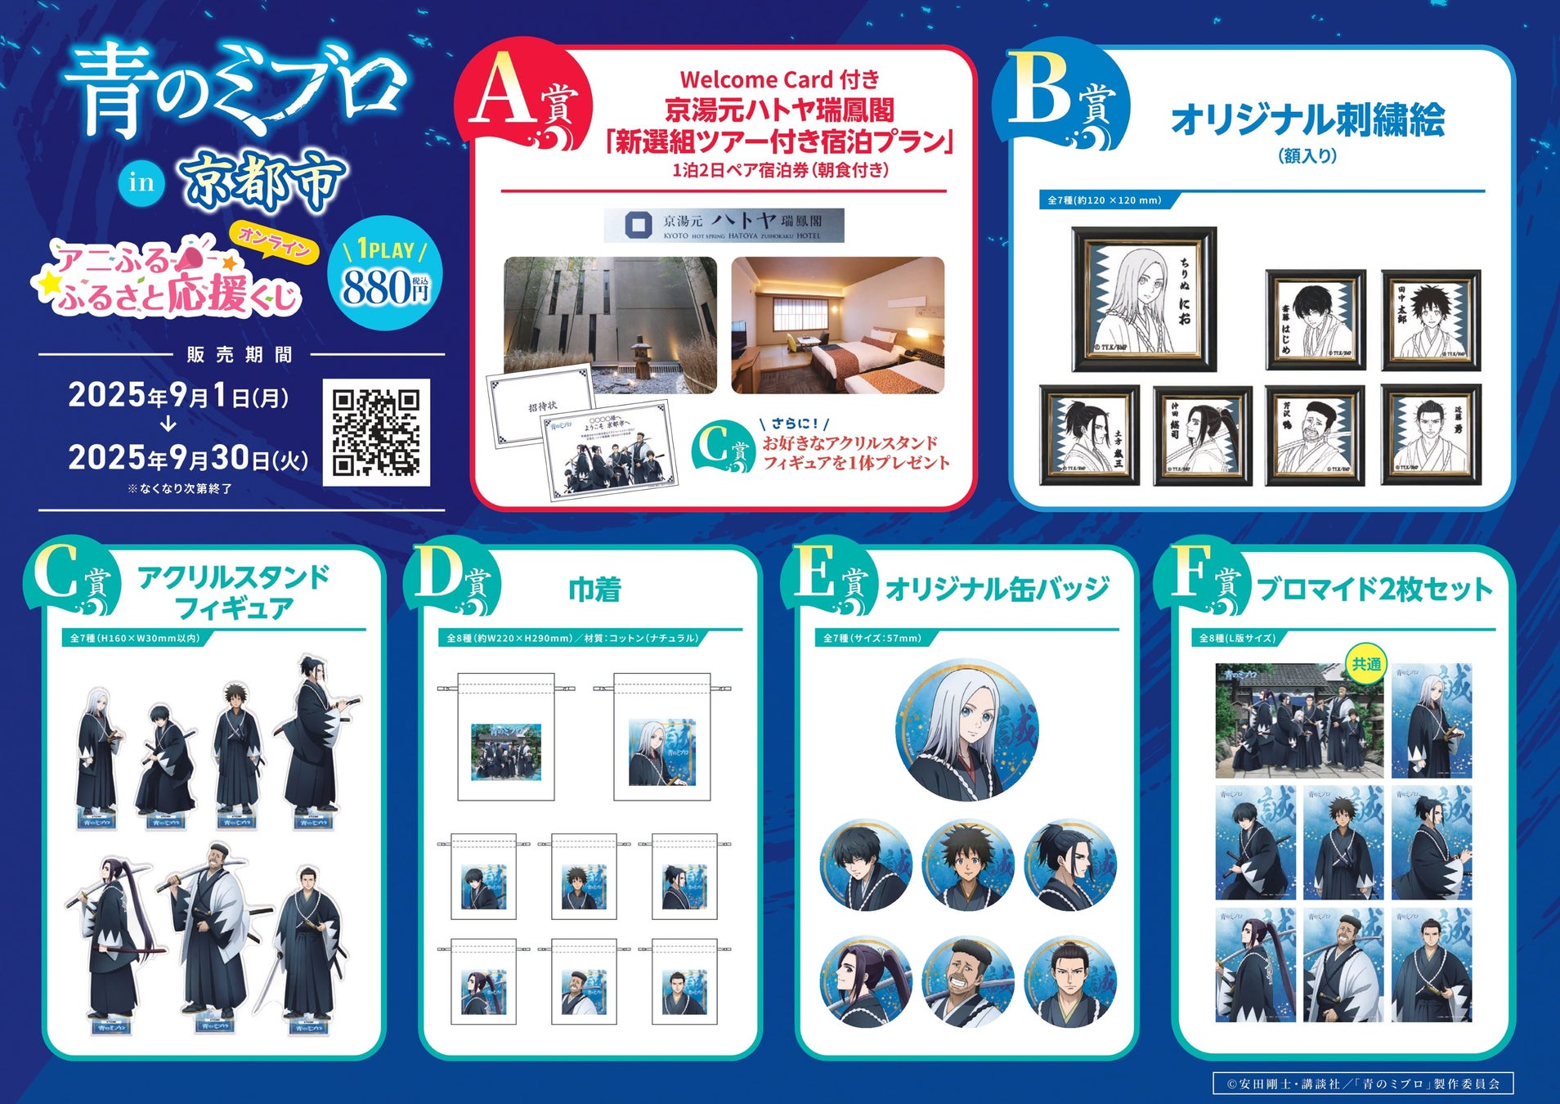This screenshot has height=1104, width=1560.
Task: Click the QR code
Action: point(376,433)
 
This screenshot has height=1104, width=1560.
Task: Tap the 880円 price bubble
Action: point(385,274)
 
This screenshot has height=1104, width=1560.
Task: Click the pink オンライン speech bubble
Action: point(275,242)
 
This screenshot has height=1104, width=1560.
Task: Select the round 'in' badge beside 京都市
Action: point(141,182)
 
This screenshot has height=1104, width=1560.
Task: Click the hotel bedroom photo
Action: point(837,325)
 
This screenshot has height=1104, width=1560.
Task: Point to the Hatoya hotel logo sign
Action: point(724,225)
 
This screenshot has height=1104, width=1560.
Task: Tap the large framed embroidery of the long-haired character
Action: point(1144,299)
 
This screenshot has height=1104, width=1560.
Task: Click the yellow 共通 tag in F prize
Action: point(1366,664)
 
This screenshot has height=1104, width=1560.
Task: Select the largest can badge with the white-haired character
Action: point(967,729)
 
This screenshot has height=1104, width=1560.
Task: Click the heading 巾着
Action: point(594,589)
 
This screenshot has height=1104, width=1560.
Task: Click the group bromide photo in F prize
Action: point(1299,720)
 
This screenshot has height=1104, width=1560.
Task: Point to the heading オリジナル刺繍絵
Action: point(1307,120)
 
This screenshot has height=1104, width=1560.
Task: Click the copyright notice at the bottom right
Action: point(1363,1084)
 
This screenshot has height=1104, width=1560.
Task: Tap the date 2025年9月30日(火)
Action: point(188,458)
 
